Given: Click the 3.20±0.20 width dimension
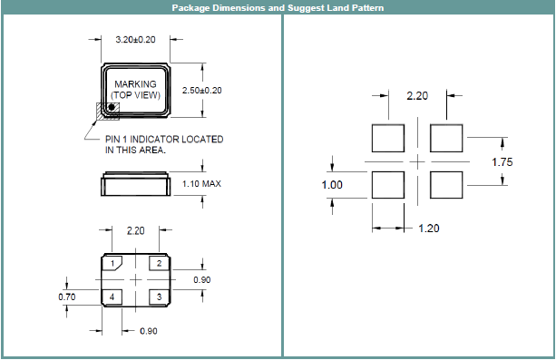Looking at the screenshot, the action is coord(135,39).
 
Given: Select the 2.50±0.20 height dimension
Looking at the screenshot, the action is coord(201,91).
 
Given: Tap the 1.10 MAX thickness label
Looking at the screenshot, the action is coord(201,184).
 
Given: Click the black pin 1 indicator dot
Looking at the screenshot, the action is coord(112,107).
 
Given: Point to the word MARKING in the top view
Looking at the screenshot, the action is coord(135,84).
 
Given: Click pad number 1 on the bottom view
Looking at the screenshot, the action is coord(112,263).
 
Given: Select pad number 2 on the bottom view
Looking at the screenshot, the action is coord(159,263).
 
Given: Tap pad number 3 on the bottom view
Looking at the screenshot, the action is coord(159,297).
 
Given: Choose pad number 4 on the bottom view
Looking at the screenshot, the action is coord(112,297).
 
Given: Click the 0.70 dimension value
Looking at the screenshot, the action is coord(67,297).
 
